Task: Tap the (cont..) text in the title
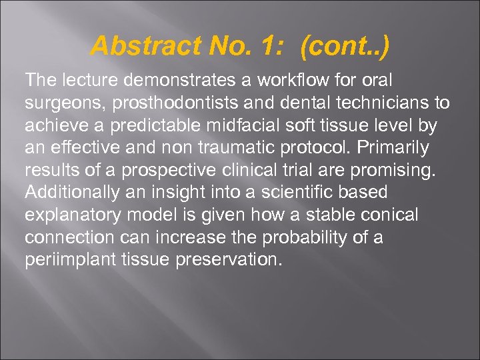pos(345,46)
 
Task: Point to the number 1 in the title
pos(270,46)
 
